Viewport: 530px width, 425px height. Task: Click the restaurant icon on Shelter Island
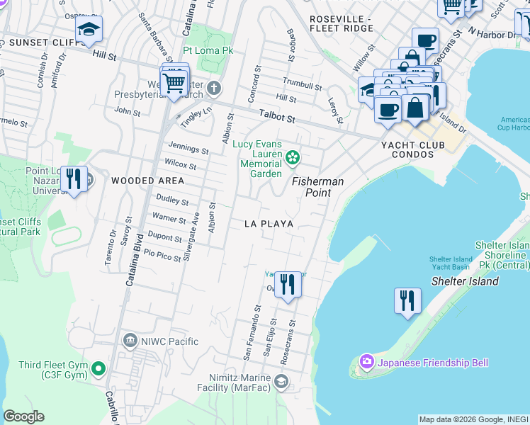click(x=407, y=300)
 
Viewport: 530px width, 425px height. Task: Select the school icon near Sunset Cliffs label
click(x=89, y=29)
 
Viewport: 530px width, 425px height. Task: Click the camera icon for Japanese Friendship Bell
click(x=366, y=363)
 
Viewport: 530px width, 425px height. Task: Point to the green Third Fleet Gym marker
click(x=98, y=369)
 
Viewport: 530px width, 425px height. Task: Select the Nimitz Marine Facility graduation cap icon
click(x=281, y=383)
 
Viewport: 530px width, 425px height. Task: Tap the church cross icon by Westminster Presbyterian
click(x=214, y=89)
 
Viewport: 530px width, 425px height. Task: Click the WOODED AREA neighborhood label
click(x=147, y=181)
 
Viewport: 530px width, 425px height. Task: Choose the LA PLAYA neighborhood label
click(x=269, y=223)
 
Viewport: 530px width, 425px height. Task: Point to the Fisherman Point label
click(x=318, y=187)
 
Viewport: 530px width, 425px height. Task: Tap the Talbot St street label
click(x=276, y=114)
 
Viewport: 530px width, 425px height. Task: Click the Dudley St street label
click(x=172, y=201)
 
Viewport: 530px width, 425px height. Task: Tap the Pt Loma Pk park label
click(x=209, y=51)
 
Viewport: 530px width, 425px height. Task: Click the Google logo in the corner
click(x=24, y=416)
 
